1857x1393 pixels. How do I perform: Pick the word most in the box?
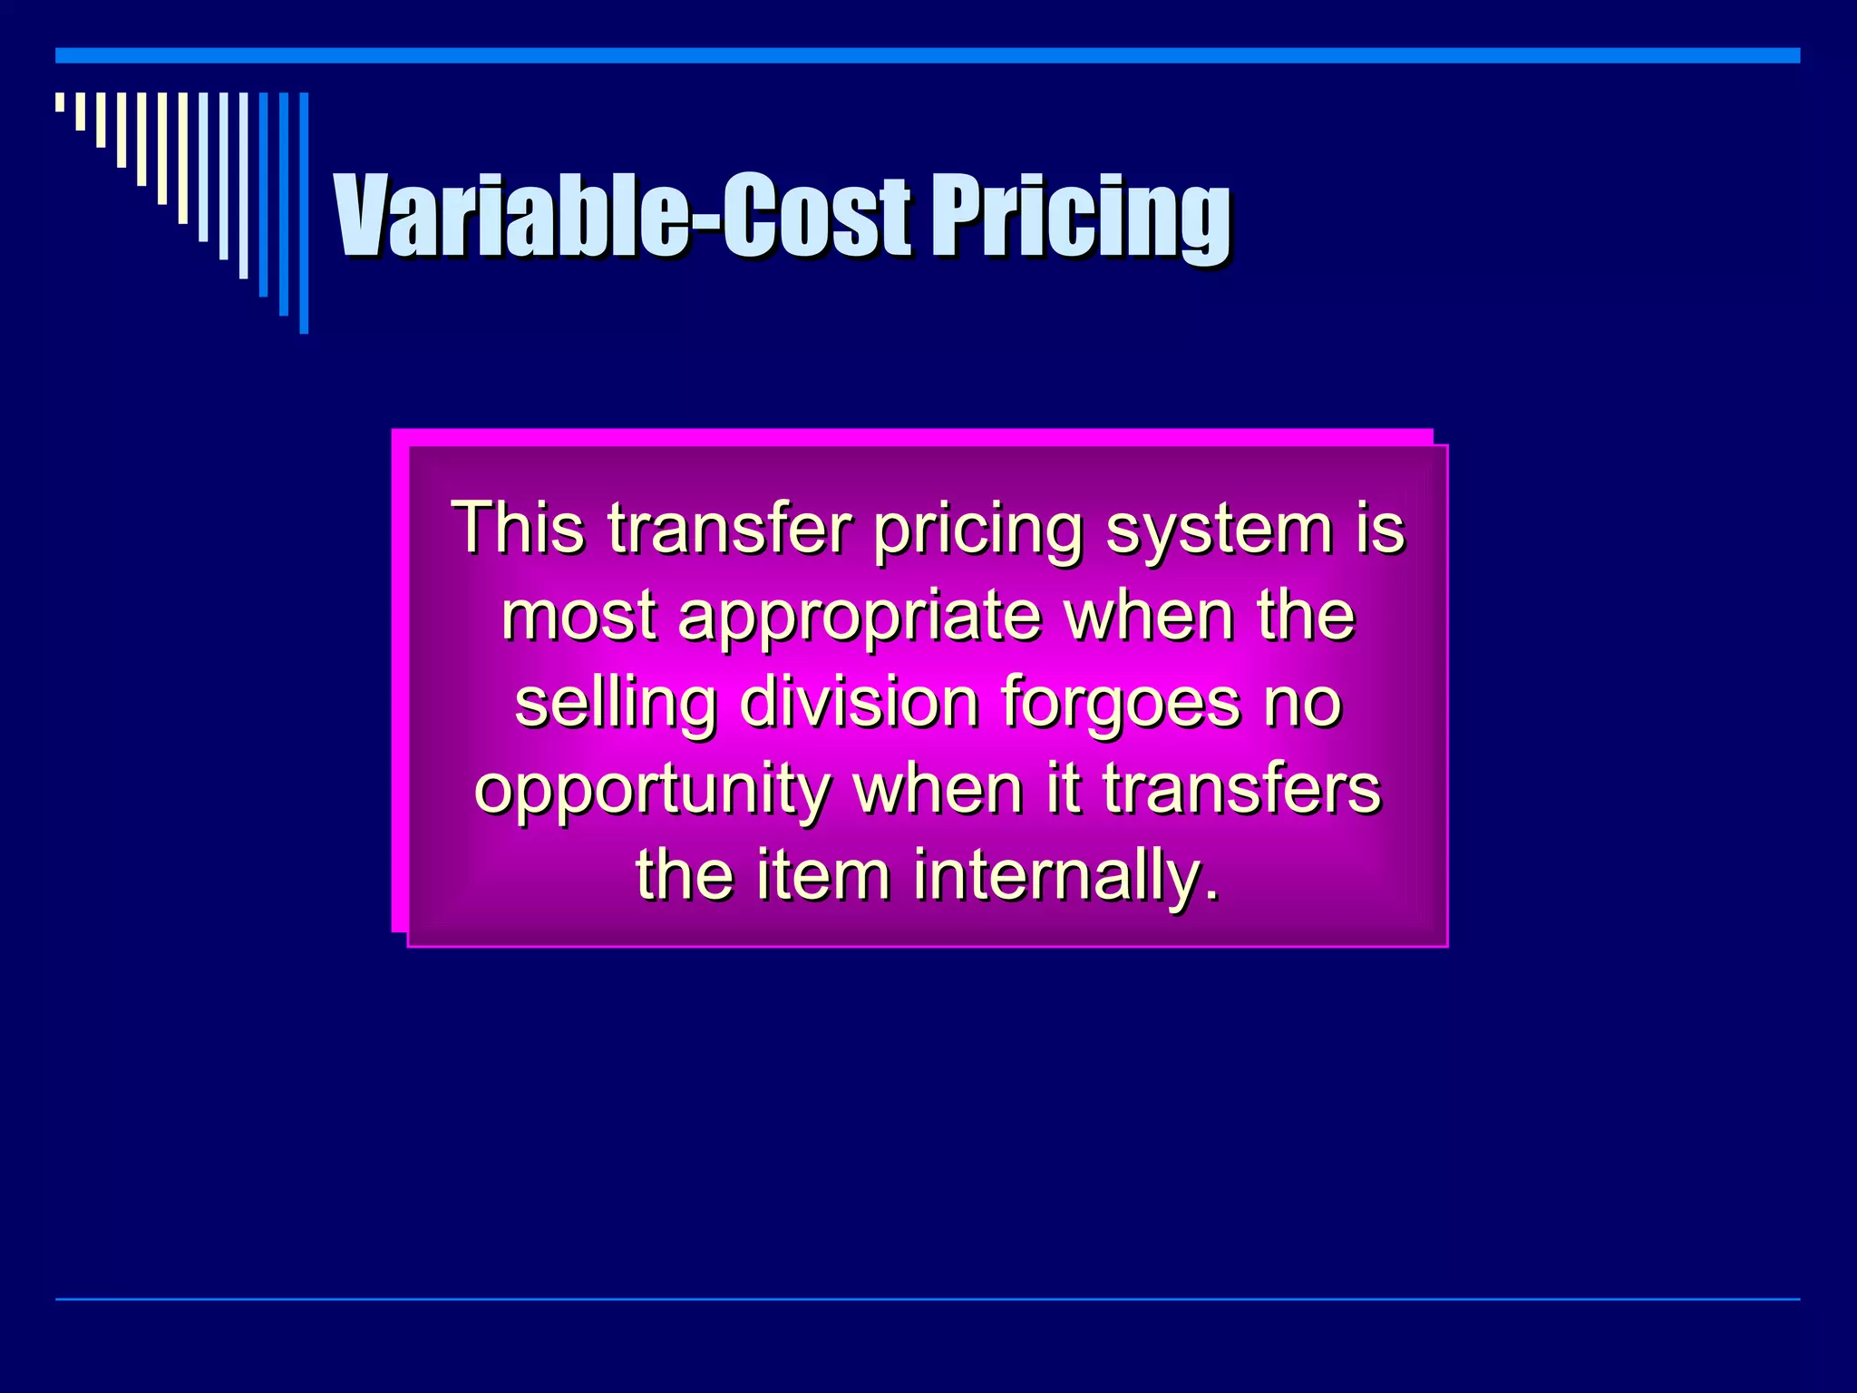pos(578,616)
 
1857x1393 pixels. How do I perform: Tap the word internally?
pos(1066,876)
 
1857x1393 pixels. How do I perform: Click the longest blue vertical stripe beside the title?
pos(304,212)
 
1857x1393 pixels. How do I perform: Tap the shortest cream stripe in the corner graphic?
pos(60,102)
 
